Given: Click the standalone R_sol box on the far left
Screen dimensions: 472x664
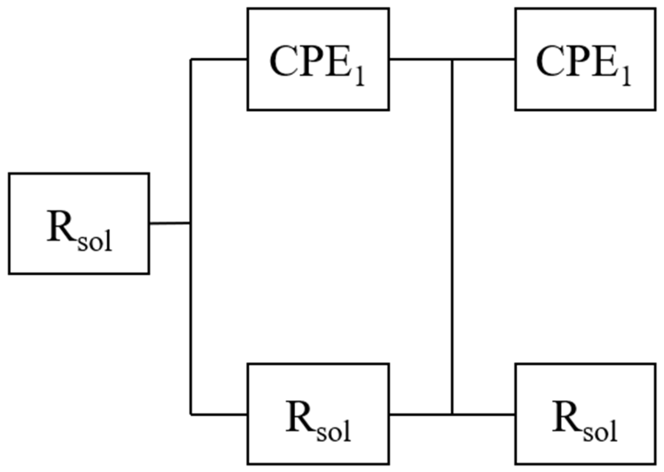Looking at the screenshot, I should pos(79,224).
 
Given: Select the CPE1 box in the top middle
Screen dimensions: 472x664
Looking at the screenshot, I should pos(318,59).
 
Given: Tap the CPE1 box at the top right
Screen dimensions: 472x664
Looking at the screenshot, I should pos(585,59).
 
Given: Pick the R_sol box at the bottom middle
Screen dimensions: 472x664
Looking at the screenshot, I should pos(318,414).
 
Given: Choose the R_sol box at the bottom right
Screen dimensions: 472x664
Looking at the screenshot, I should pos(585,414).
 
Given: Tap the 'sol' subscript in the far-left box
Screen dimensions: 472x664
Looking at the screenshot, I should pos(95,241).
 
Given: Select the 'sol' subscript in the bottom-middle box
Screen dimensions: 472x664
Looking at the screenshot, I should pos(334,432).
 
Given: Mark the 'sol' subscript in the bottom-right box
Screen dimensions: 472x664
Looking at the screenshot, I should pos(600,432).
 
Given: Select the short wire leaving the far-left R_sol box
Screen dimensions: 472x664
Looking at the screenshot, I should pos(170,223).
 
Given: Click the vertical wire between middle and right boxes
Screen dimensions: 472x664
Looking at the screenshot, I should pos(452,236).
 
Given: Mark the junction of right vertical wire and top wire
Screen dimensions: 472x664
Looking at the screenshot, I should pos(452,59).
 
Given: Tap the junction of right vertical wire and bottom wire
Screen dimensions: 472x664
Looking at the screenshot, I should pos(452,414).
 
